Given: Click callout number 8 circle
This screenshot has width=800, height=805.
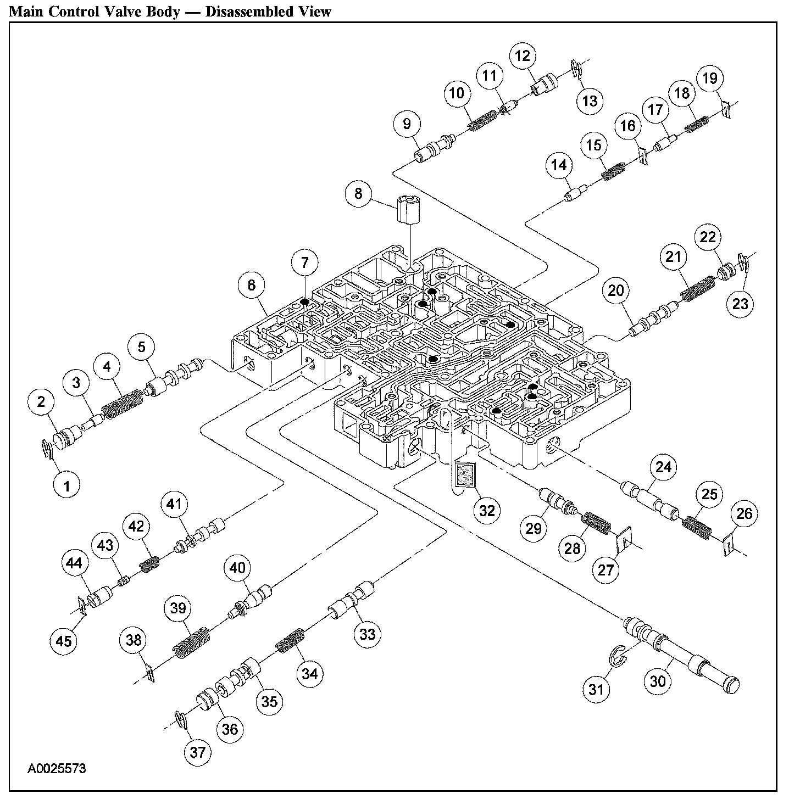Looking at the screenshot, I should click(358, 193).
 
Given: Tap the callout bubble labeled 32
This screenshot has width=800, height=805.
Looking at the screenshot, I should click(487, 510).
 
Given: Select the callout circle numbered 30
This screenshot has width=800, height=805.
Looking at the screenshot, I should click(657, 681).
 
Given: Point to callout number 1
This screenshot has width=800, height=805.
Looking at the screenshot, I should click(67, 485).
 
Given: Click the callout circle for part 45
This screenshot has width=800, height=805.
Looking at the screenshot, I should click(64, 640).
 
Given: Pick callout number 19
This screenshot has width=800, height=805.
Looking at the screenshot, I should click(710, 79).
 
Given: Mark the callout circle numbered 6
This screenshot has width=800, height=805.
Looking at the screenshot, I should click(251, 284).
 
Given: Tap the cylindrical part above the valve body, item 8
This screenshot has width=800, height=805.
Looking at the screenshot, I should click(407, 210).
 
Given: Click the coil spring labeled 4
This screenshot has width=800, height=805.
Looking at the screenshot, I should click(124, 404).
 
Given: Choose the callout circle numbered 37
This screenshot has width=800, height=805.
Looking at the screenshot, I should click(198, 752).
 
